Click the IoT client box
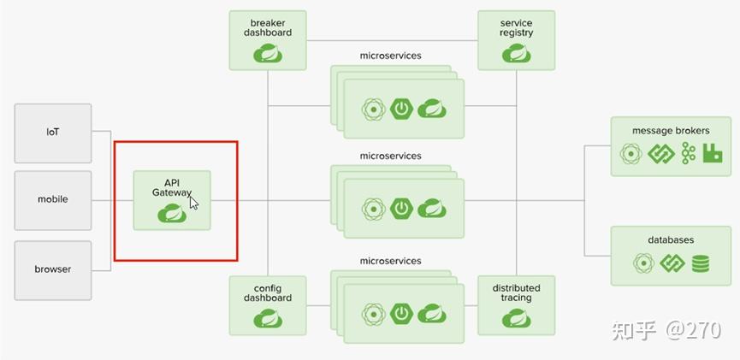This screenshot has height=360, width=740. [x=53, y=133]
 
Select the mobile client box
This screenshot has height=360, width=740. [x=53, y=199]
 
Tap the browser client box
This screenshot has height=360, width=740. [x=53, y=269]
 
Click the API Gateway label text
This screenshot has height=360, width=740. [x=172, y=188]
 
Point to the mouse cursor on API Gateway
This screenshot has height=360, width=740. [x=193, y=203]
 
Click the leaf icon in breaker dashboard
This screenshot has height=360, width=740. [x=268, y=54]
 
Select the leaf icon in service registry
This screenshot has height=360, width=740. [x=516, y=54]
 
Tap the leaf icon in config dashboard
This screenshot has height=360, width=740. [x=268, y=319]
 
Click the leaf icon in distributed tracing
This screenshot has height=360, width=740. [x=516, y=319]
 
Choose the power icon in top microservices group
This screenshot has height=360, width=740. [x=401, y=109]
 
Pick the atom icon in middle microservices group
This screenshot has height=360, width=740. [x=373, y=209]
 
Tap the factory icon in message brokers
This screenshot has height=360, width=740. [x=713, y=153]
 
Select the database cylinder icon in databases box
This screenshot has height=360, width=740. [x=701, y=263]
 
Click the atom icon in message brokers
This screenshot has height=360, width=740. [x=630, y=154]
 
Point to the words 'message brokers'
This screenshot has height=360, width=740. [x=671, y=131]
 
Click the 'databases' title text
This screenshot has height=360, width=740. [x=671, y=240]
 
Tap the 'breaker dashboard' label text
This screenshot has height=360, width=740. [x=268, y=27]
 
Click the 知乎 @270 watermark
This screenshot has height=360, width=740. [x=666, y=330]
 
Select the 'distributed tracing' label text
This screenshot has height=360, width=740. [x=516, y=292]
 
